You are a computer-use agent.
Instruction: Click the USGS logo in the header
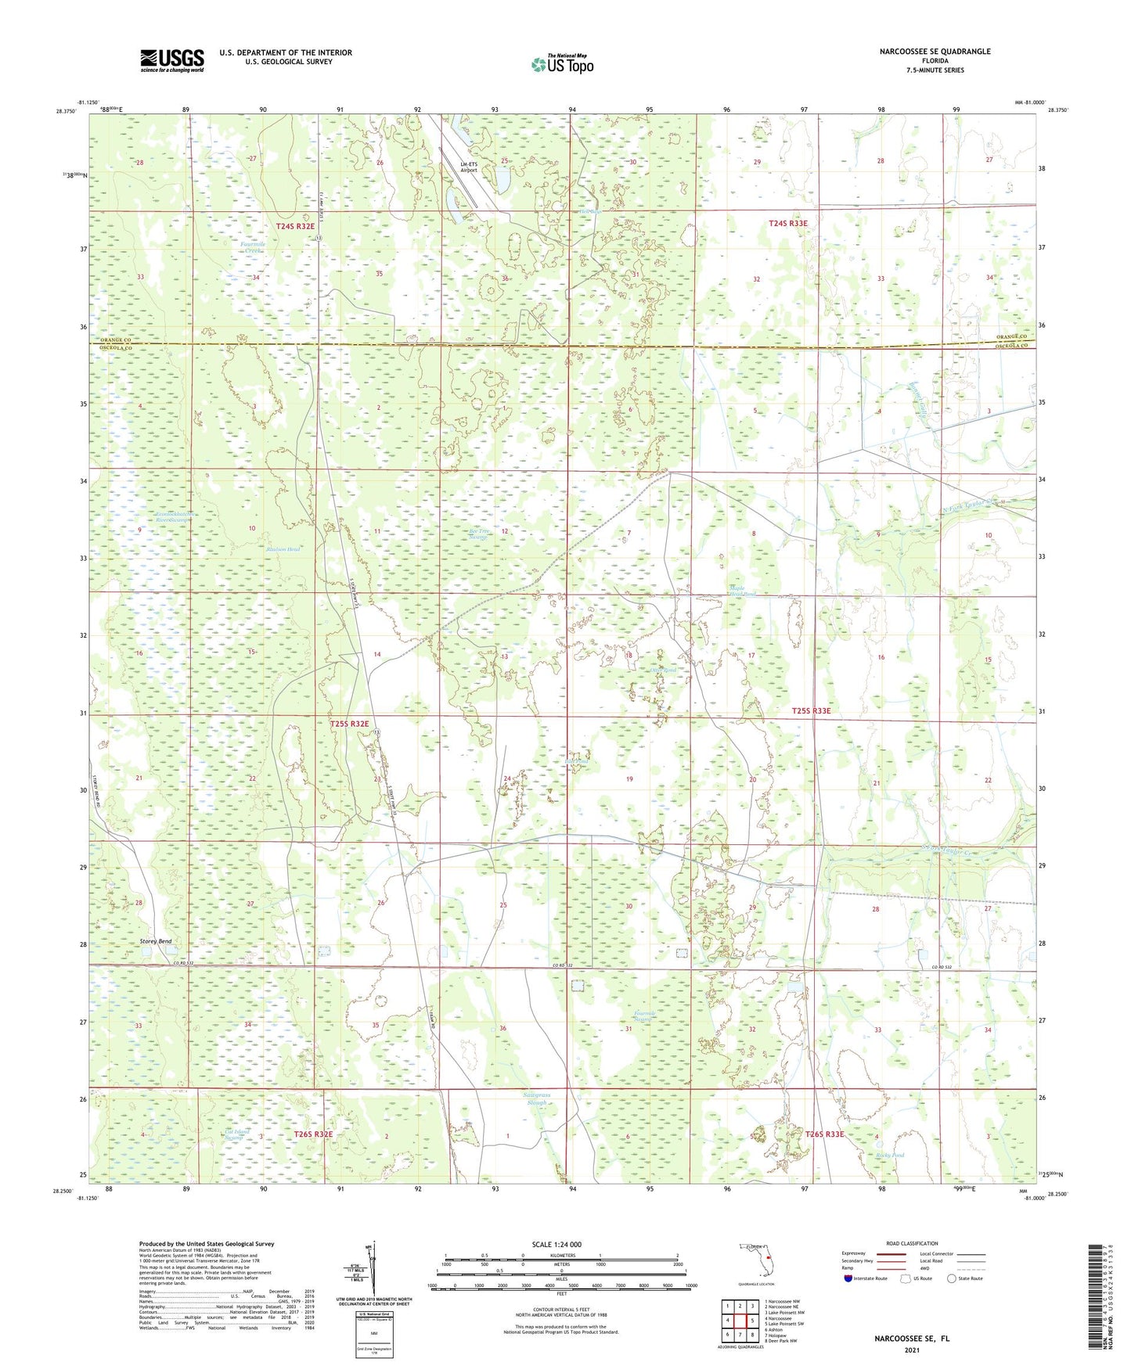172,59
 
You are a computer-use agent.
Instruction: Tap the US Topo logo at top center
562,64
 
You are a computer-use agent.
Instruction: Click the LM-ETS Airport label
468,167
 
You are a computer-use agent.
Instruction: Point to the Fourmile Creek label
253,246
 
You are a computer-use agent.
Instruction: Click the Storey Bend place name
155,941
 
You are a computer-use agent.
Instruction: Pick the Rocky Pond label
890,1155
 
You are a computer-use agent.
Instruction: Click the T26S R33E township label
825,1134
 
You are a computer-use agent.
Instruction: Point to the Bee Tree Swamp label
478,534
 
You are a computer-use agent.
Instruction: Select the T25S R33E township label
811,710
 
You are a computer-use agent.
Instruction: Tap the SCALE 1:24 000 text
556,1245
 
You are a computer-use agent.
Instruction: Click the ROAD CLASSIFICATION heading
913,1243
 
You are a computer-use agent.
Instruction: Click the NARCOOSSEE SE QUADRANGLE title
924,52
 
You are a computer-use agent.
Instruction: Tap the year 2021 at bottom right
911,1350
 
